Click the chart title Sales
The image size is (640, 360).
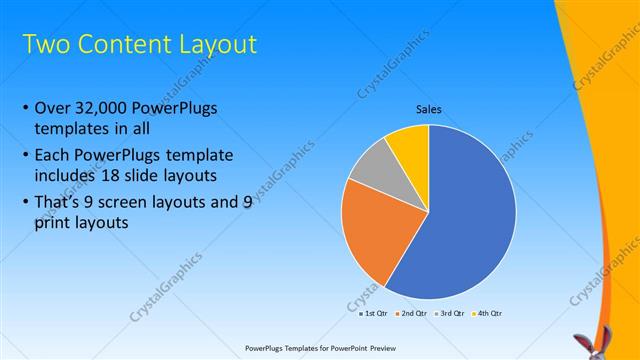[x=429, y=109]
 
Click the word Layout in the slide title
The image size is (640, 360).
[x=215, y=44]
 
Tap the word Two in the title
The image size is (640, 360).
[x=46, y=44]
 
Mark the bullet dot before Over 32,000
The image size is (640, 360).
[x=25, y=109]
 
